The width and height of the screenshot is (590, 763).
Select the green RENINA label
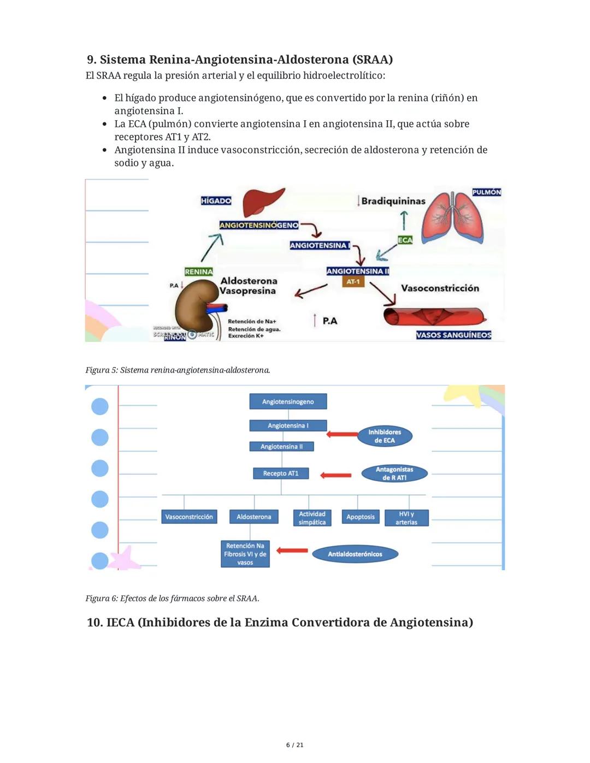[198, 271]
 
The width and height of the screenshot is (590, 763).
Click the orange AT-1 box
[353, 282]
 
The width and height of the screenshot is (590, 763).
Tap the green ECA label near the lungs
[405, 240]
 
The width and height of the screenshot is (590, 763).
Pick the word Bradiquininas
[393, 201]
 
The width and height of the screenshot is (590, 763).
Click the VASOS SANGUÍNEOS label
[453, 335]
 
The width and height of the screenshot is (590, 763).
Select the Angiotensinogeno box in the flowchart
[288, 401]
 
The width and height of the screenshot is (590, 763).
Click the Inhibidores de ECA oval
[385, 436]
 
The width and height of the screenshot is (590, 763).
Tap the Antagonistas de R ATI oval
[394, 474]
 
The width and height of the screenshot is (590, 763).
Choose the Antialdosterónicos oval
[355, 554]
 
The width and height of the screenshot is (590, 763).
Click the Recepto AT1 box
[281, 473]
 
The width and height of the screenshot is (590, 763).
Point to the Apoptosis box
[361, 517]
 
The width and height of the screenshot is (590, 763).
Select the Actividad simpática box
[312, 518]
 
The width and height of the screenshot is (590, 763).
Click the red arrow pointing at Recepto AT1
[335, 475]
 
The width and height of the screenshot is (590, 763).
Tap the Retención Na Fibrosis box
[245, 554]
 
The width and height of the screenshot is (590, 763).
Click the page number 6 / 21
[295, 745]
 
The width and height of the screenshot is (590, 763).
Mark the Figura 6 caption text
[172, 598]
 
